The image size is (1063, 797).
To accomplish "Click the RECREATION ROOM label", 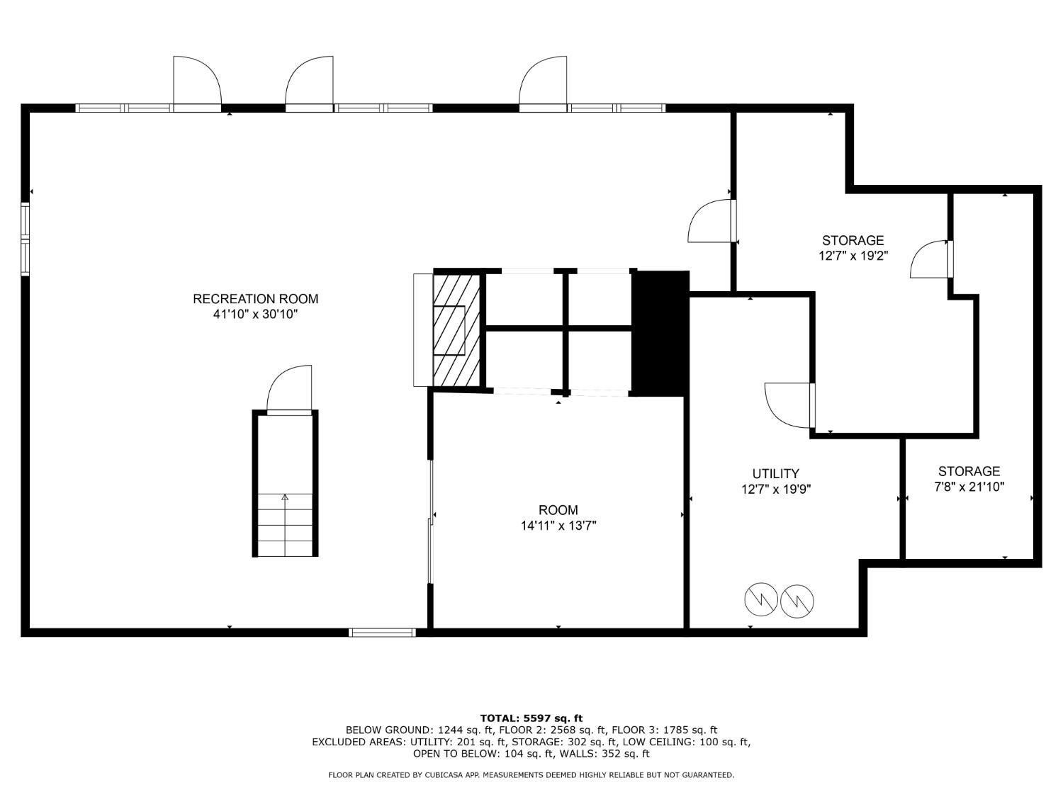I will (x=255, y=299).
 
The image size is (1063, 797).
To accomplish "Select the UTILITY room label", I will (x=775, y=473).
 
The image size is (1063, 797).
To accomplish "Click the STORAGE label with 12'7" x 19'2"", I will (x=853, y=240).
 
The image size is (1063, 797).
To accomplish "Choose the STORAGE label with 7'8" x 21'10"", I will (x=969, y=471).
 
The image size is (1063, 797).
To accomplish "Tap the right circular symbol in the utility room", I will (x=797, y=601).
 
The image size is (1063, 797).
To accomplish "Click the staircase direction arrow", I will (x=285, y=498).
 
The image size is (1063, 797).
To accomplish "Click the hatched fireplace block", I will (x=456, y=330).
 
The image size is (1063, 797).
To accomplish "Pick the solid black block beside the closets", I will (x=660, y=333).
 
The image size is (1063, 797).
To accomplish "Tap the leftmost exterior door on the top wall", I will (x=196, y=84).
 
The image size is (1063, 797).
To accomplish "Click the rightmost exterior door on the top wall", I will (x=544, y=84).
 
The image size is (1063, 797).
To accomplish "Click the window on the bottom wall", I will (x=383, y=632).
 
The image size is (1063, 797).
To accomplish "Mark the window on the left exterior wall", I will (x=26, y=239).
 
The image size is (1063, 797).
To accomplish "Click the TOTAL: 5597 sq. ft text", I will (x=531, y=718).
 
